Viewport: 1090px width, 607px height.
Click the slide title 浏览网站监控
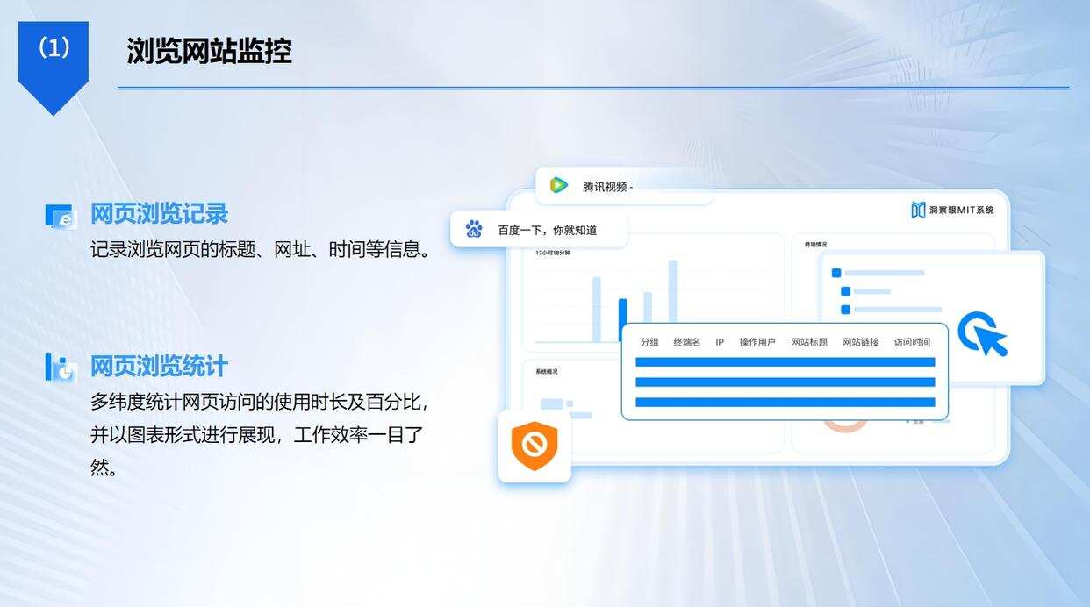209,51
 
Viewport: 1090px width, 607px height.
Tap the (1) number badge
54,49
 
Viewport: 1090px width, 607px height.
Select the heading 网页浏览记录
159,213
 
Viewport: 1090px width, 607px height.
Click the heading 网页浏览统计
159,366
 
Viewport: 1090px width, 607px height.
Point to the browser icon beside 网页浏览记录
61,217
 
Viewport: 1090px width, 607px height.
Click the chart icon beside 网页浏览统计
61,368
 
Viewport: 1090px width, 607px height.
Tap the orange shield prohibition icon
534,446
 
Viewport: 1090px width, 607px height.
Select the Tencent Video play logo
558,185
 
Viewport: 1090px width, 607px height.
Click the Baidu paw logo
474,229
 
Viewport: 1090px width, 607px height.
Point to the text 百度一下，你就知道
548,230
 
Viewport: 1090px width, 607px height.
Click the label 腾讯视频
605,186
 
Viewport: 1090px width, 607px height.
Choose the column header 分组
649,342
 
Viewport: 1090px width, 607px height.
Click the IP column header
720,342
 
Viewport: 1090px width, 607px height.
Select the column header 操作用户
757,342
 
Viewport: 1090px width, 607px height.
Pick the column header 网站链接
860,342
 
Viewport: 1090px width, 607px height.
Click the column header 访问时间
912,342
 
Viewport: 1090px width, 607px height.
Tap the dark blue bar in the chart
622,319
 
